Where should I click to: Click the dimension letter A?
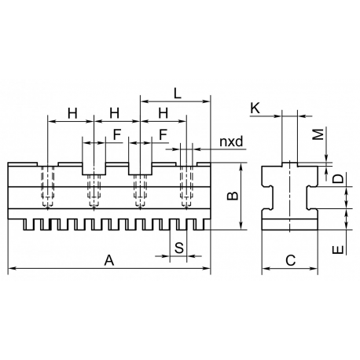(x=109, y=260)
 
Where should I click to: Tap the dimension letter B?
(x=232, y=196)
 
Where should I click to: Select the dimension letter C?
(x=291, y=260)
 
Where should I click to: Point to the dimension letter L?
(x=178, y=94)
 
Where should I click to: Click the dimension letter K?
(x=255, y=108)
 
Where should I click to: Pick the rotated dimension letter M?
(x=319, y=134)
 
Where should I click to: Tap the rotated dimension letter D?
(x=338, y=178)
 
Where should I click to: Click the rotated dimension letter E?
(x=338, y=250)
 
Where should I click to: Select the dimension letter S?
(x=179, y=248)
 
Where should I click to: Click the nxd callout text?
(x=231, y=141)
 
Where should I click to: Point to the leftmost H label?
(x=72, y=113)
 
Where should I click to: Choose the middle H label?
(x=115, y=113)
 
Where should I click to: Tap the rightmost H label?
(x=163, y=113)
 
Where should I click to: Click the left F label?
(x=117, y=134)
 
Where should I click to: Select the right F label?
(x=163, y=134)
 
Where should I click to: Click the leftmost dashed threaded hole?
(x=47, y=186)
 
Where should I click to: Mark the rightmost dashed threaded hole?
(x=186, y=186)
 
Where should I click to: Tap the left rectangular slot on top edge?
(x=94, y=169)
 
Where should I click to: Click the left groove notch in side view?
(x=268, y=198)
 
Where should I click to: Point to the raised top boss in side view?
(x=289, y=164)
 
